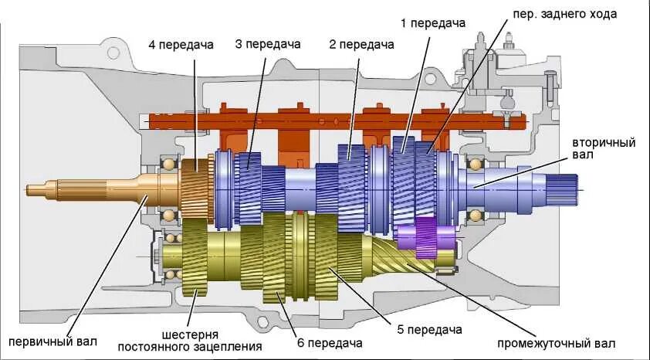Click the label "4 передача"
pos(181,45)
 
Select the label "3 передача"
pos(268,45)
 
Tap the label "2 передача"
pos(361,45)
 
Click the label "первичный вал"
pos(54,341)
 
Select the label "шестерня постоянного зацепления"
pos(189,341)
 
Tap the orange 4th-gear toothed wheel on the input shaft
pos(196,188)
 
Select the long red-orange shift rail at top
pos(332,121)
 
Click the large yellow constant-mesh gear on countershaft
pos(195,259)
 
